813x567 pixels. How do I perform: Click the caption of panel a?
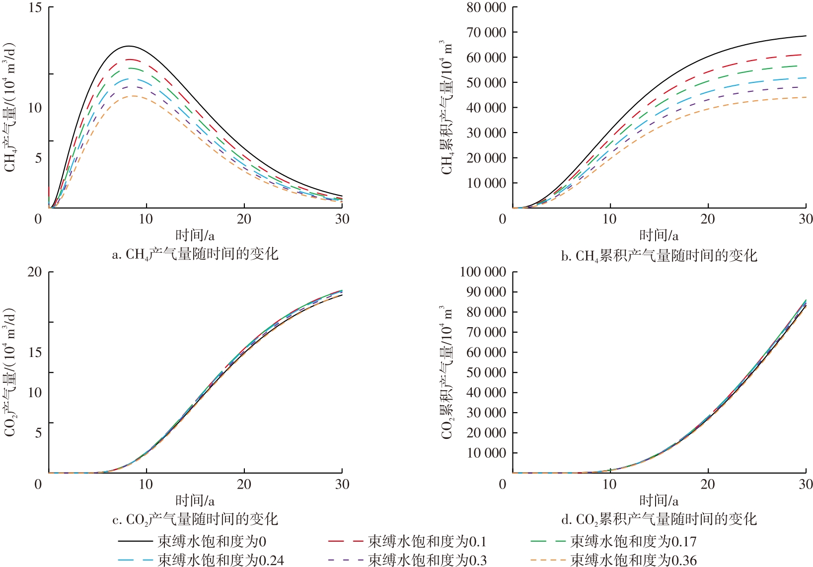click(x=195, y=255)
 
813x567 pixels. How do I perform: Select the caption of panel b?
click(x=659, y=256)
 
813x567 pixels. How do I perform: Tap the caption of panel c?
click(x=195, y=519)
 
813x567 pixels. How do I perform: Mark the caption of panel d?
click(x=659, y=519)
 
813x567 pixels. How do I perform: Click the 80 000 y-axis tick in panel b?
click(x=486, y=7)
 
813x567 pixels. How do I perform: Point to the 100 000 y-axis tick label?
click(x=483, y=272)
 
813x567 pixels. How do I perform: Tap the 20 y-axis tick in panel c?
click(x=35, y=272)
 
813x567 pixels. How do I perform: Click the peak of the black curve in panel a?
click(x=129, y=46)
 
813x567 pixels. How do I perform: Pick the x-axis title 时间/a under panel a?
click(x=195, y=235)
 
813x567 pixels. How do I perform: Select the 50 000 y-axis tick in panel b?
click(x=486, y=82)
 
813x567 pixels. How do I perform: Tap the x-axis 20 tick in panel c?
click(x=244, y=484)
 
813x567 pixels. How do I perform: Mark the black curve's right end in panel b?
click(x=806, y=36)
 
